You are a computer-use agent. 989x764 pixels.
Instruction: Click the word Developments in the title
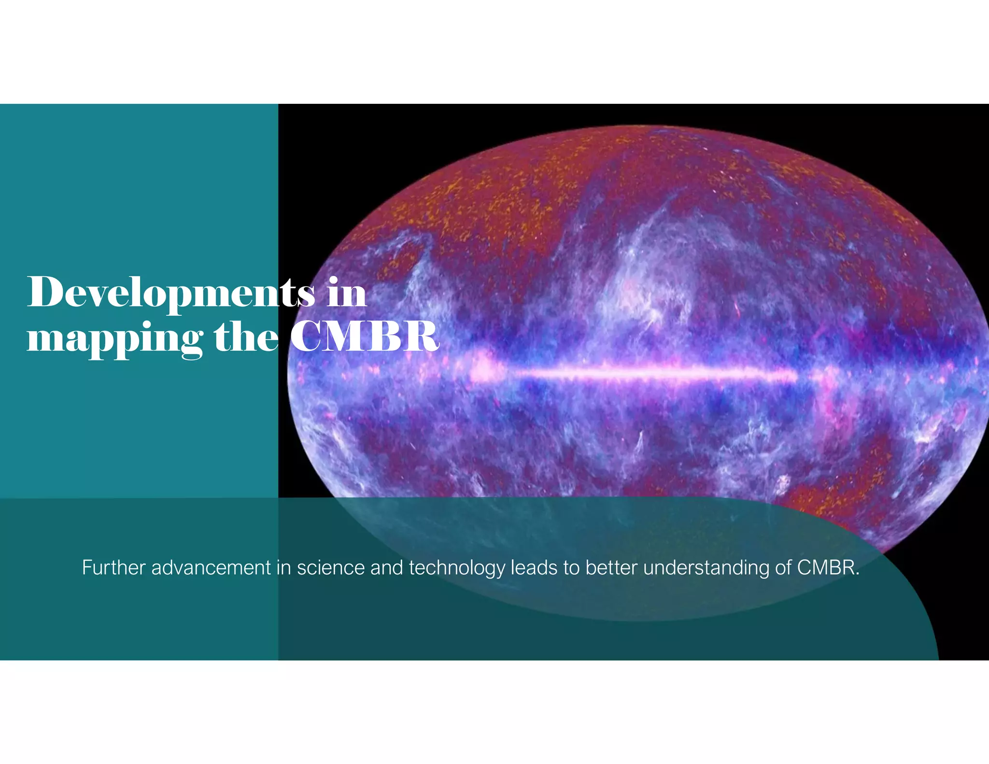(x=171, y=293)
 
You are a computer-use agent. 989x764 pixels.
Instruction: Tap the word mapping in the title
(x=115, y=338)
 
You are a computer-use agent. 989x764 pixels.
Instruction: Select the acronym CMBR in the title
(x=365, y=337)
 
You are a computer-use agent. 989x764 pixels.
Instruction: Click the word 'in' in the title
(x=346, y=293)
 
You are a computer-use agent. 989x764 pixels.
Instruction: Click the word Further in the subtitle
(x=113, y=567)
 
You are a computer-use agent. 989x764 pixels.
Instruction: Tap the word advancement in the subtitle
(x=211, y=567)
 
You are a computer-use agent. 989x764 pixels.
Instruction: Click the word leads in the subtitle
(x=534, y=567)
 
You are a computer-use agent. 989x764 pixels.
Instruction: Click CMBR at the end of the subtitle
(x=827, y=567)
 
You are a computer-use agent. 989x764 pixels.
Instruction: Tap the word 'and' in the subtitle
(x=386, y=567)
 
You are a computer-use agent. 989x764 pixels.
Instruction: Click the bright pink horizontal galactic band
(x=652, y=373)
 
